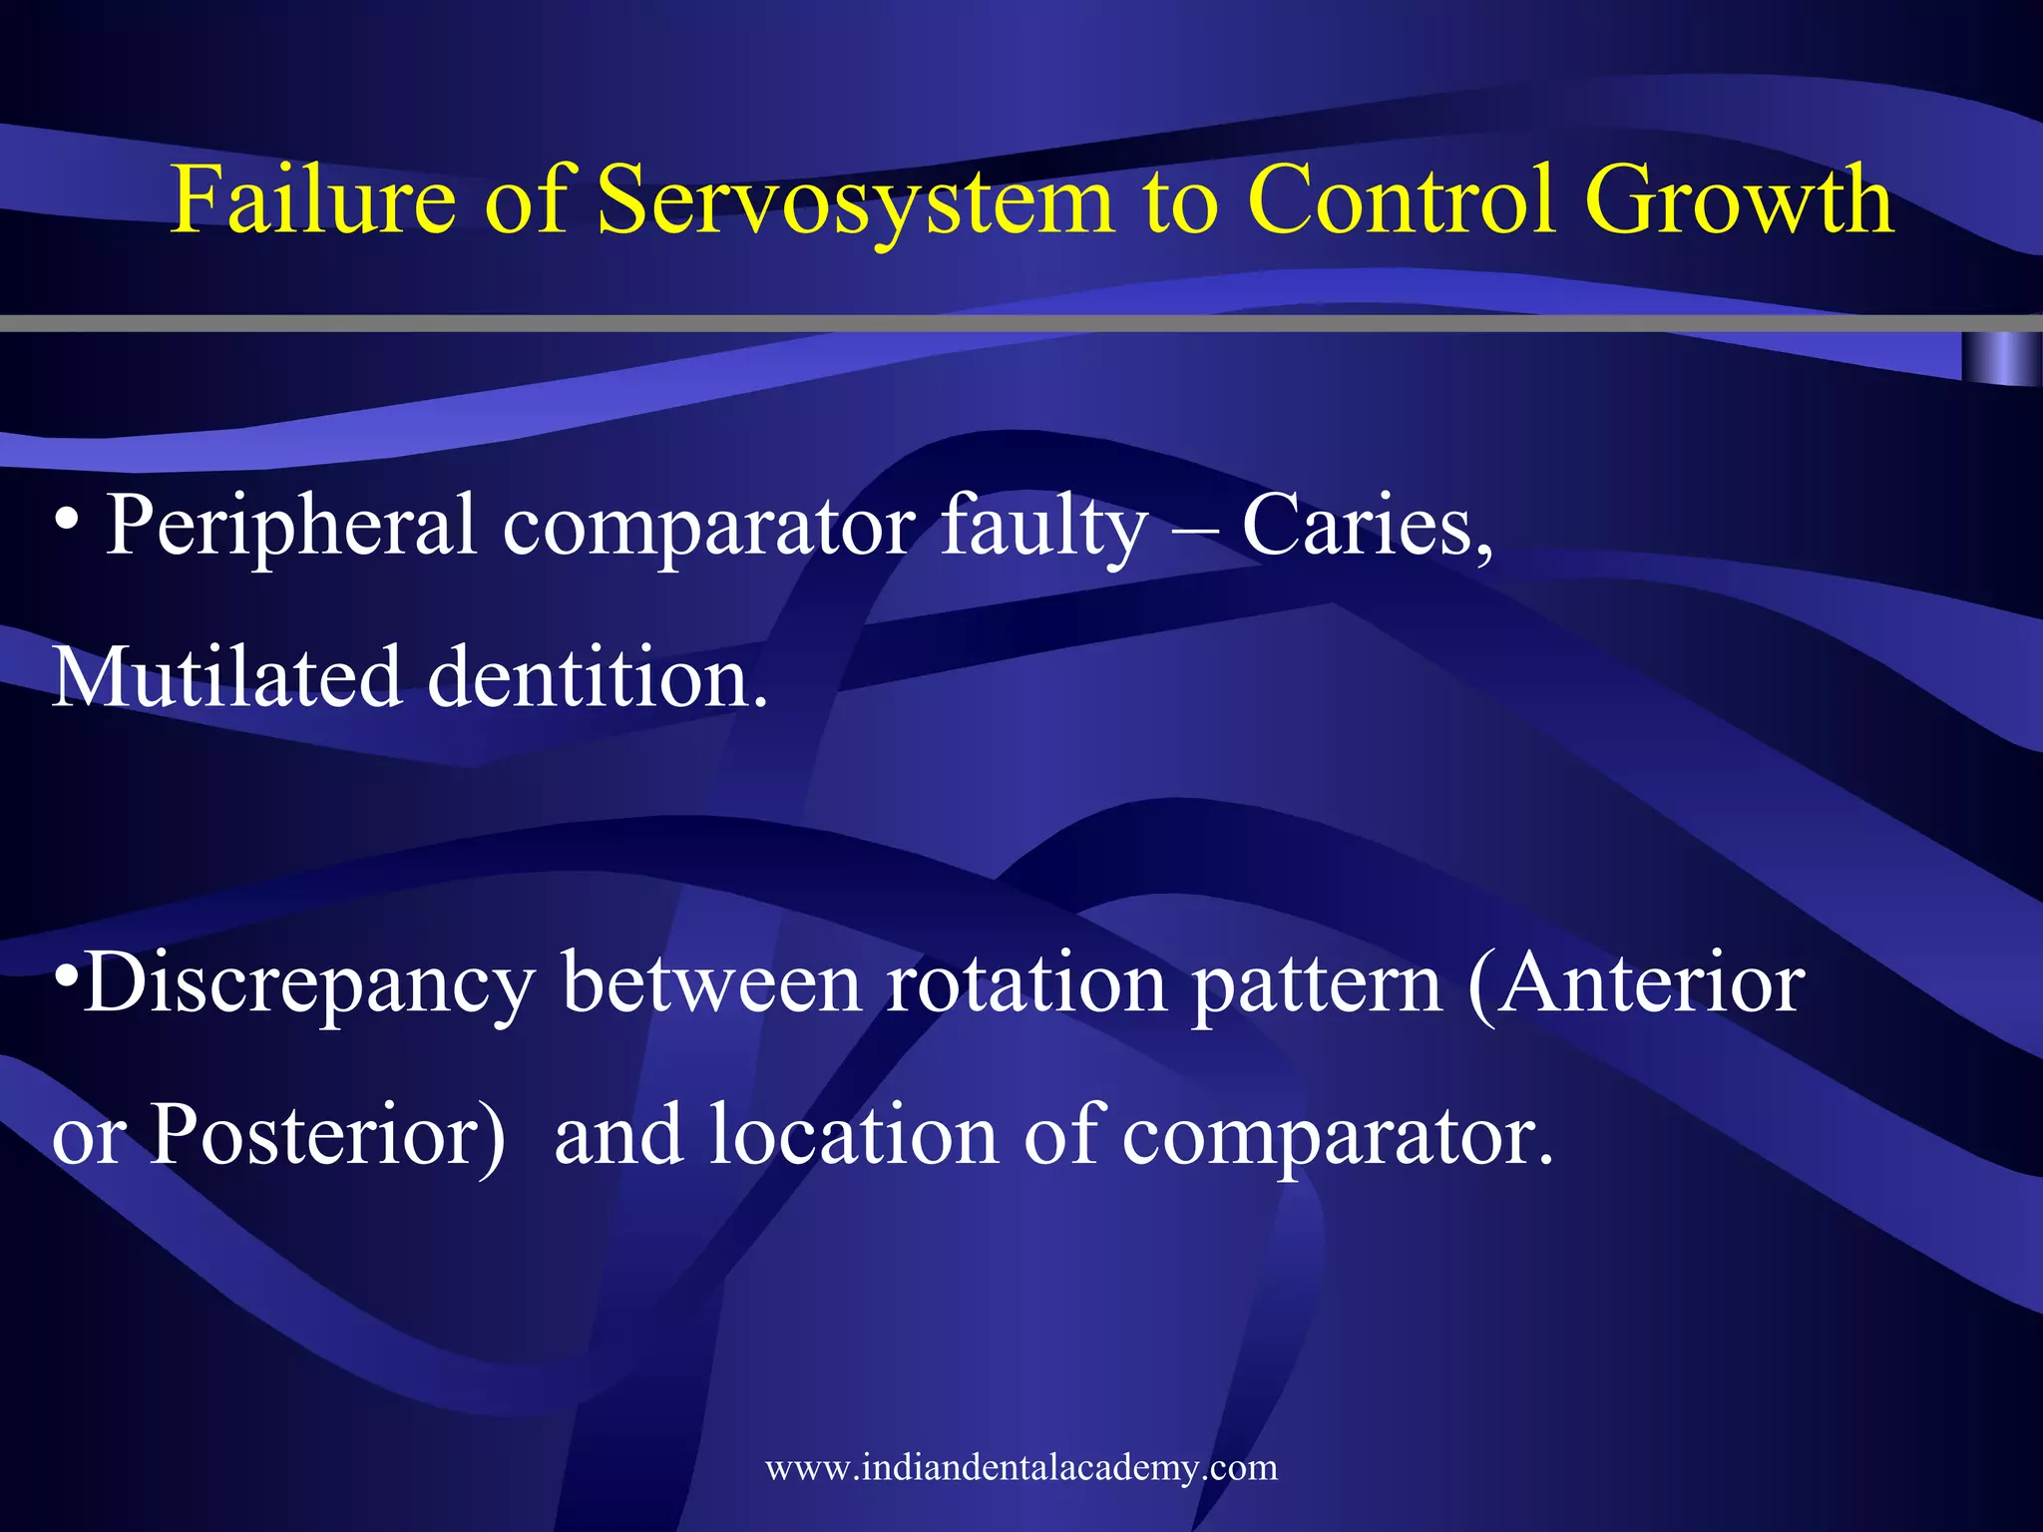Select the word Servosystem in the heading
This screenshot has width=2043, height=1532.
point(854,199)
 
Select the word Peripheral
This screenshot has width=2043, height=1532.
point(290,527)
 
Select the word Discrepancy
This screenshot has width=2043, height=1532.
point(309,985)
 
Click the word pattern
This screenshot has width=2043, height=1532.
point(1317,985)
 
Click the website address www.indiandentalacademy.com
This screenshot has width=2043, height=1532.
point(1021,1467)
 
